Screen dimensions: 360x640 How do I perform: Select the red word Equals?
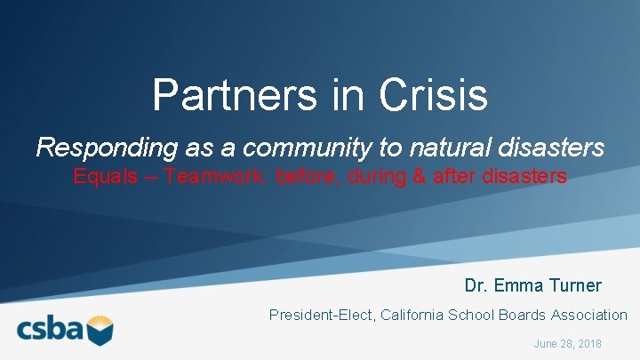click(x=105, y=176)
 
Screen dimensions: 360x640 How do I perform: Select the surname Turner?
click(x=575, y=285)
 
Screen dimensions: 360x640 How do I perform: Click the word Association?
click(x=588, y=315)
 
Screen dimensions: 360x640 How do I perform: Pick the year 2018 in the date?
click(x=588, y=343)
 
